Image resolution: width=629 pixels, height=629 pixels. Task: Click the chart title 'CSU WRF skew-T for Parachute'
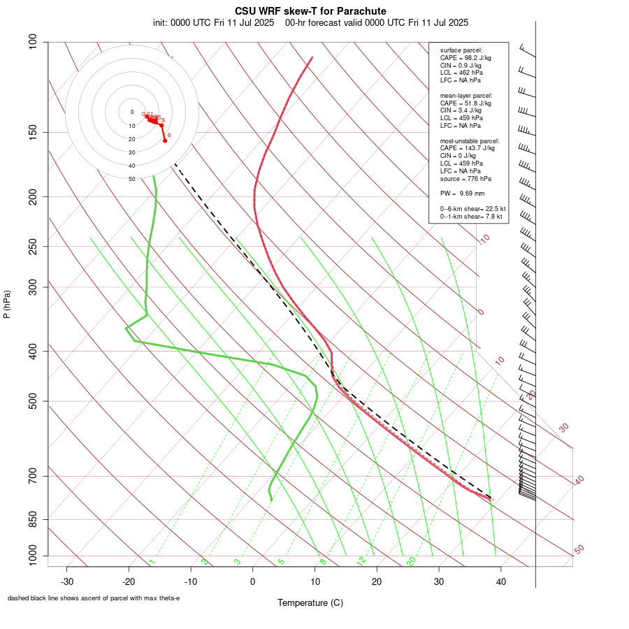pos(310,11)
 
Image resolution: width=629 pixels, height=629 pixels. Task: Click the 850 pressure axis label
pos(33,520)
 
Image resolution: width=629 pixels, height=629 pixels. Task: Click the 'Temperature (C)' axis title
pos(310,602)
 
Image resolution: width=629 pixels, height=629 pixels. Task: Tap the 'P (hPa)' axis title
pos(7,304)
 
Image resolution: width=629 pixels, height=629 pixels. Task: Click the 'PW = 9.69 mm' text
pos(462,193)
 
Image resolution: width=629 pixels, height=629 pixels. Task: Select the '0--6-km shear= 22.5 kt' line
pos(472,209)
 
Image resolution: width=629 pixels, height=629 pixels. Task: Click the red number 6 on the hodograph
pos(169,135)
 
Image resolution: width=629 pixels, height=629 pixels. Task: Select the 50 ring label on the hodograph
pos(131,179)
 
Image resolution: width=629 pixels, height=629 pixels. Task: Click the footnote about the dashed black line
pos(94,598)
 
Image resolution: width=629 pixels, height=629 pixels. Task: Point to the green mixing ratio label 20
pos(411,561)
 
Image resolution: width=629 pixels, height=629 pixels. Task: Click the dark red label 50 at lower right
pos(579,550)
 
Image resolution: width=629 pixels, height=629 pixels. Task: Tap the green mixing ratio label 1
pos(151,561)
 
